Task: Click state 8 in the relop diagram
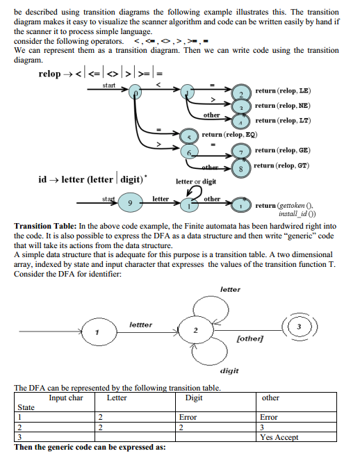(x=240, y=168)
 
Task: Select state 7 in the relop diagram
(x=240, y=152)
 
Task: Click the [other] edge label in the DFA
(x=249, y=338)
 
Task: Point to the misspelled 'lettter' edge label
(x=141, y=325)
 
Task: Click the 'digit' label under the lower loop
(x=229, y=371)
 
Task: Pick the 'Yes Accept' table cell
(x=277, y=438)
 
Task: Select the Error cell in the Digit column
(x=188, y=418)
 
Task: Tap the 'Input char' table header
(x=66, y=398)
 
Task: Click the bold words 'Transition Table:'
(x=45, y=226)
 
